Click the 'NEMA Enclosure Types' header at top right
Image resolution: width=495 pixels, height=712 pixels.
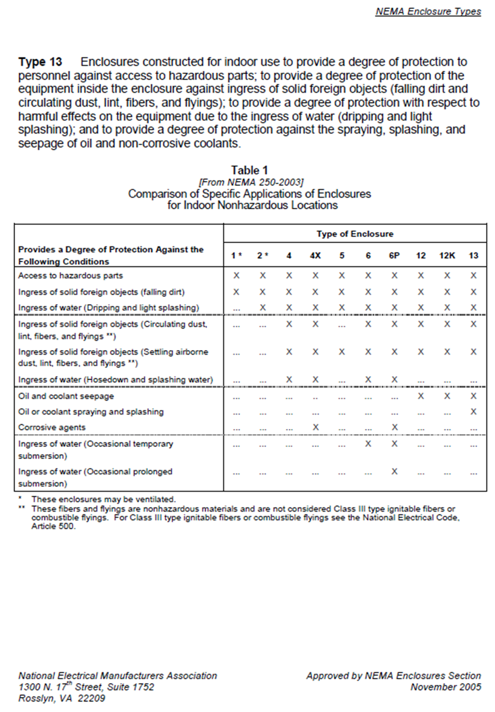pos(428,11)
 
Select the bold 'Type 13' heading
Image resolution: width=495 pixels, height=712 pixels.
pos(41,62)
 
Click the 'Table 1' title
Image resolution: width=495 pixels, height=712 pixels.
pos(249,170)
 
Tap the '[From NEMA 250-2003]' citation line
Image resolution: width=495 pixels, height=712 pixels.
pos(249,182)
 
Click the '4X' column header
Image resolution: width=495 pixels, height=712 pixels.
pos(315,255)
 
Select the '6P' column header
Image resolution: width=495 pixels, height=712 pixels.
pos(394,255)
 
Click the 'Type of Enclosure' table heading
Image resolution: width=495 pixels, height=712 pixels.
pos(354,234)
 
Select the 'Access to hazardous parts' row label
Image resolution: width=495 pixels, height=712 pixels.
pos(71,275)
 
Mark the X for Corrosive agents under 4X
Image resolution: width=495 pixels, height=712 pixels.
pos(315,427)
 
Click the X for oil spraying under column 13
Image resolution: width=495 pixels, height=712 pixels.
pos(473,412)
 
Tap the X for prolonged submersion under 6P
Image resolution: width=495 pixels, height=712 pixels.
pos(394,472)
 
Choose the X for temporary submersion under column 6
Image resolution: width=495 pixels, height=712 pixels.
pos(368,445)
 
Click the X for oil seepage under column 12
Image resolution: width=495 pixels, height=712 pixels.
pos(421,396)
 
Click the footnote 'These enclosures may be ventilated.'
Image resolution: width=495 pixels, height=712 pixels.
pos(103,499)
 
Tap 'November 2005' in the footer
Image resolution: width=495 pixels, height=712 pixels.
pos(446,687)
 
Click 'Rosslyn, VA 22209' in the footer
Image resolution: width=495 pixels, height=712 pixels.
pos(62,699)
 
